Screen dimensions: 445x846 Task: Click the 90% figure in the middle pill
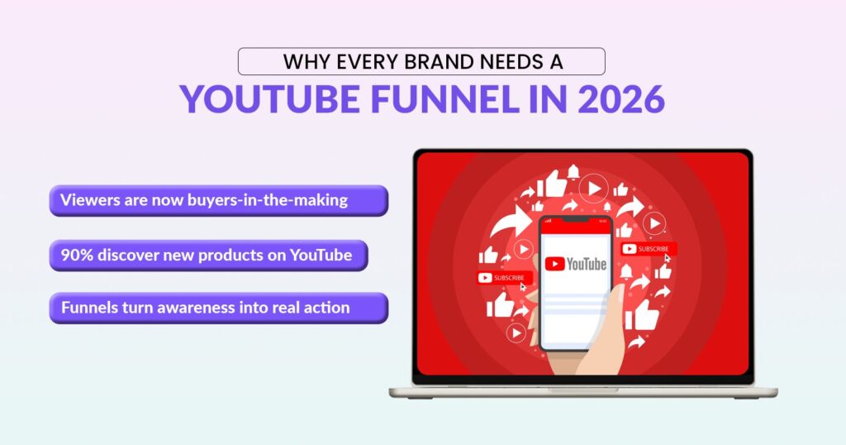pyautogui.click(x=77, y=256)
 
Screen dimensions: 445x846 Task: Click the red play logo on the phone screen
pyautogui.click(x=554, y=264)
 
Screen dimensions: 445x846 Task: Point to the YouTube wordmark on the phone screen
pyautogui.click(x=586, y=264)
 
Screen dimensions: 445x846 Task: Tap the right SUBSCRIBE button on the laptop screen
pyautogui.click(x=649, y=248)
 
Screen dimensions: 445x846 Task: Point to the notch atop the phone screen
pyautogui.click(x=576, y=220)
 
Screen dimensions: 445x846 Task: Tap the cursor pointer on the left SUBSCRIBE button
pyautogui.click(x=523, y=287)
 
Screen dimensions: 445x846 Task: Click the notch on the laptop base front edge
pyautogui.click(x=583, y=389)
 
